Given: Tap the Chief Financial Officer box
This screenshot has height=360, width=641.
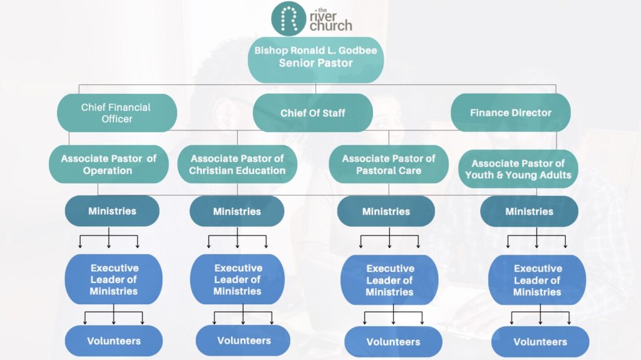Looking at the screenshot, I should (116, 113).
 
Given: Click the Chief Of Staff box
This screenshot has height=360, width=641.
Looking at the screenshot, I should (313, 113).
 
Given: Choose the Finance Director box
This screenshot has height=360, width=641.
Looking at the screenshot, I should (511, 113).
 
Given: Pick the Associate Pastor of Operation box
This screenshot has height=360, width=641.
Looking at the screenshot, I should (108, 165).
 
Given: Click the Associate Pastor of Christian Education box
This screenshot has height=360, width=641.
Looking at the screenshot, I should (237, 165).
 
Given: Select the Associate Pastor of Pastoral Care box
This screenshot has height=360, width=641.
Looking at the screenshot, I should (388, 165).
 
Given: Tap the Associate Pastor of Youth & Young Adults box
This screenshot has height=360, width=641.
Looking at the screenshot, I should (518, 169).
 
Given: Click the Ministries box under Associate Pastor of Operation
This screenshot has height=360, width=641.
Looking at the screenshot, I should (112, 211).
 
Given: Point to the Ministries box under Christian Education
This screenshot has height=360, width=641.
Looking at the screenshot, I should (237, 211).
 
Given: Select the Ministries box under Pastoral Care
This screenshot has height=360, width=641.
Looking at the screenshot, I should (386, 212).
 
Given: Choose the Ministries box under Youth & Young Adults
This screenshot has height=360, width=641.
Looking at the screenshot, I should (529, 212).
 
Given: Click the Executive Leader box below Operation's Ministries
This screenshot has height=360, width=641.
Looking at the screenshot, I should (113, 279).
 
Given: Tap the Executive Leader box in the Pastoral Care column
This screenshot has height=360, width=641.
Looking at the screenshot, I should (389, 280).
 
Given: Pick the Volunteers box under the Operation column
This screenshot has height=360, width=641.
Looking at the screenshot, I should (113, 341).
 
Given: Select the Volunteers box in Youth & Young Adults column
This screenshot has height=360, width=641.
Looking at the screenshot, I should (540, 342).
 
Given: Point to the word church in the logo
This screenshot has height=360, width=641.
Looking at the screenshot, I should (331, 26).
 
